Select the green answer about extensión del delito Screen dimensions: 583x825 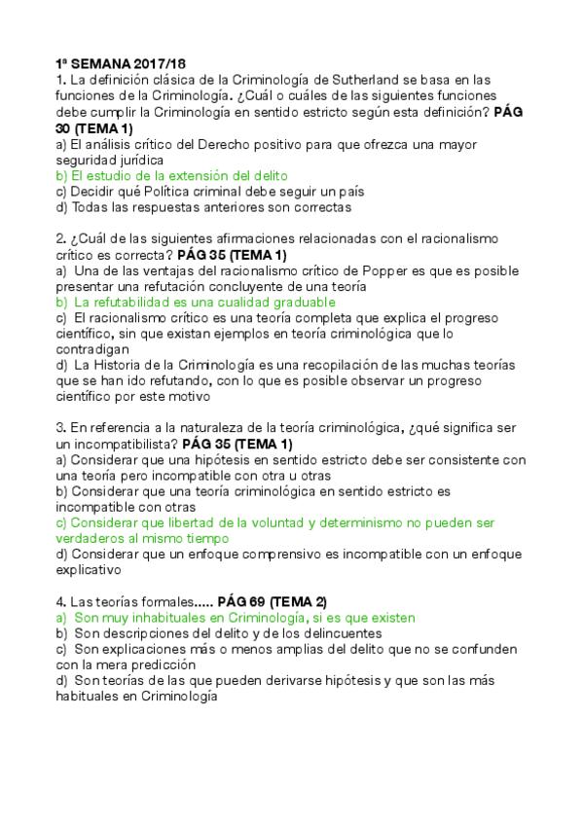point(171,175)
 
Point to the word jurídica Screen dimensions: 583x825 point(134,160)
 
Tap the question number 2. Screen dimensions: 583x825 point(60,238)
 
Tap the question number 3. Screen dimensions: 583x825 point(60,428)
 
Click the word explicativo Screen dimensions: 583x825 point(91,570)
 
